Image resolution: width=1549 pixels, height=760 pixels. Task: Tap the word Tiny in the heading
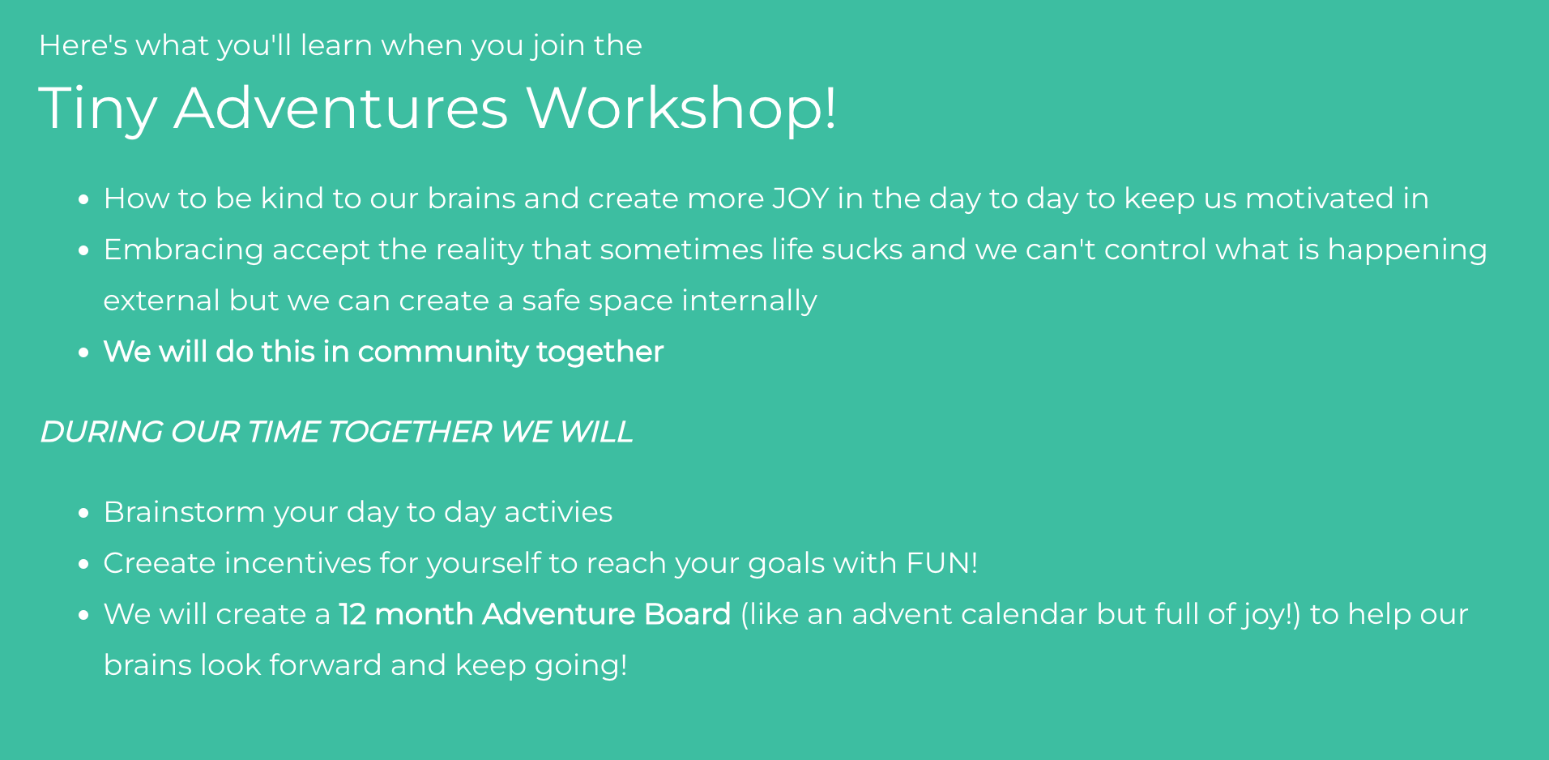[97, 109]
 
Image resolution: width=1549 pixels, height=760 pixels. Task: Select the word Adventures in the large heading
[341, 107]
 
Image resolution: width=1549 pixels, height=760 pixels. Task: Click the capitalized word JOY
[800, 199]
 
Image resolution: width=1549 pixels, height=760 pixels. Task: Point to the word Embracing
[184, 250]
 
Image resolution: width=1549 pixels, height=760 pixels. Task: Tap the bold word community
[443, 352]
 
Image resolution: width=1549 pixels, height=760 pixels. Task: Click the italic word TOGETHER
[409, 432]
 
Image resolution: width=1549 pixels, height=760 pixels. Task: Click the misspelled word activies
[558, 512]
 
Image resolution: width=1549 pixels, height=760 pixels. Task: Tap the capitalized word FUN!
[942, 563]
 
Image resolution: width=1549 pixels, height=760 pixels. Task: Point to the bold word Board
[688, 614]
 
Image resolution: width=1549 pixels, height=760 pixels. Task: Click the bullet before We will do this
[83, 352]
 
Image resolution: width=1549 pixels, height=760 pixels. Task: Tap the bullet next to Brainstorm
[83, 513]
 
